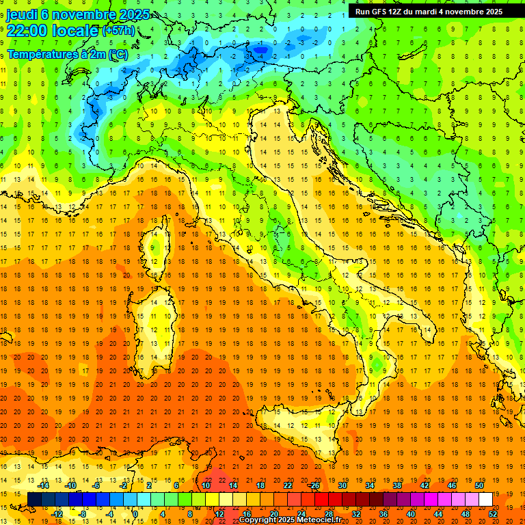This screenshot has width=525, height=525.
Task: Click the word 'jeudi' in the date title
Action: pyautogui.click(x=22, y=14)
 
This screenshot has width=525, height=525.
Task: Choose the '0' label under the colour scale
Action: pyautogui.click(x=135, y=514)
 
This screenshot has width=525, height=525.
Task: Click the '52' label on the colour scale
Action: pyautogui.click(x=493, y=514)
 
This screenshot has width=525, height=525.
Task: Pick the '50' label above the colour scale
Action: pyautogui.click(x=479, y=485)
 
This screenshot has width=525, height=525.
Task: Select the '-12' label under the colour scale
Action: pyautogui.click(x=57, y=514)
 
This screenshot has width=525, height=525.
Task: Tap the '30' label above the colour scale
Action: pyautogui.click(x=342, y=485)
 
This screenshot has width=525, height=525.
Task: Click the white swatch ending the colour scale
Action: pyautogui.click(x=485, y=500)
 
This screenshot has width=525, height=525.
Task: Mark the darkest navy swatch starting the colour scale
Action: pyautogui.click(x=34, y=500)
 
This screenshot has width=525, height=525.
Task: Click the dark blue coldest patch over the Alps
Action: pyautogui.click(x=260, y=48)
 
